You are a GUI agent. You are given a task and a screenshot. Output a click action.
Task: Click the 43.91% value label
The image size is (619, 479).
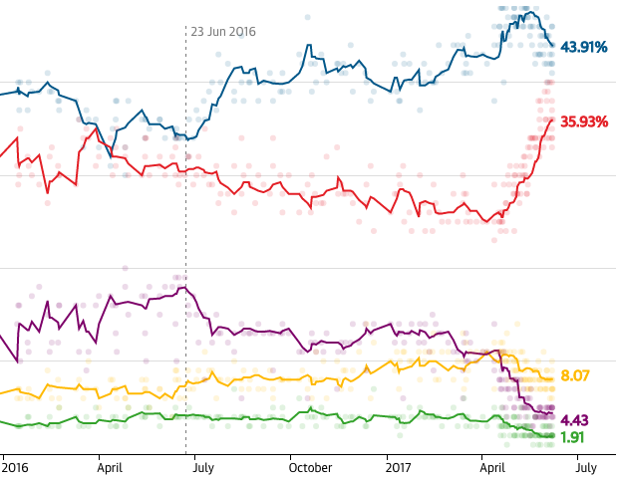pyautogui.click(x=584, y=47)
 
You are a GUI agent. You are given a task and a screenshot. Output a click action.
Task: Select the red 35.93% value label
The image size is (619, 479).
pyautogui.click(x=584, y=121)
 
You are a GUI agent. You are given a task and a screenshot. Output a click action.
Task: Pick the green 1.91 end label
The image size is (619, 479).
pyautogui.click(x=572, y=436)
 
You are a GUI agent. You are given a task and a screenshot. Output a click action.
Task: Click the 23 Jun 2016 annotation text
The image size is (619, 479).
pyautogui.click(x=223, y=32)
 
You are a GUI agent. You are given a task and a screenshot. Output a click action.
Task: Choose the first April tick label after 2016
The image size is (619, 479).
pyautogui.click(x=117, y=465)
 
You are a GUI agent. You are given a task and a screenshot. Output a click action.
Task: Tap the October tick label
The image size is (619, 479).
pyautogui.click(x=310, y=465)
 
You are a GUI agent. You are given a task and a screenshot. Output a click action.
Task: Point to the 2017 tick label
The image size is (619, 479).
pyautogui.click(x=399, y=465)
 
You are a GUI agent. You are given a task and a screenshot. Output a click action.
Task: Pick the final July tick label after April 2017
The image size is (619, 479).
pyautogui.click(x=586, y=465)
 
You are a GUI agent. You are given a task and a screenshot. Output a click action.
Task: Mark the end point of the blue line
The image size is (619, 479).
pyautogui.click(x=553, y=46)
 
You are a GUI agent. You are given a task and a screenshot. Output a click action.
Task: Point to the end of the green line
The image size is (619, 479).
pyautogui.click(x=553, y=435)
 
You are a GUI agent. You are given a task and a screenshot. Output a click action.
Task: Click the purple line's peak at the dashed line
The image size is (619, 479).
pyautogui.click(x=185, y=288)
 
